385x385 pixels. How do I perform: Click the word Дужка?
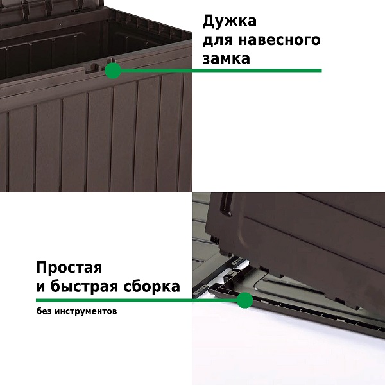[x=229, y=21]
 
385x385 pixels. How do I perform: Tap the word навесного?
[x=279, y=40]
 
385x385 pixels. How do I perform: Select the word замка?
[x=226, y=59]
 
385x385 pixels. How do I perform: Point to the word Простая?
[x=69, y=268]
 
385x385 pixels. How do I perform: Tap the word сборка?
[x=151, y=286]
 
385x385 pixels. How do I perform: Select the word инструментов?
[x=86, y=312]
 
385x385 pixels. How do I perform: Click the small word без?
[x=44, y=311]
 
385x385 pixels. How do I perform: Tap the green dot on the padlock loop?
[x=113, y=71]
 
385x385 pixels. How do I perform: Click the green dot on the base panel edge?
[x=245, y=300]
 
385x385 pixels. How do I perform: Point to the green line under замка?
[x=221, y=71]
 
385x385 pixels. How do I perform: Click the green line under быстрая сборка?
[x=137, y=300]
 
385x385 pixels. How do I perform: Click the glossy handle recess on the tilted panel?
[x=227, y=203]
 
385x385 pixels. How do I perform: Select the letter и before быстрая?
[x=40, y=287]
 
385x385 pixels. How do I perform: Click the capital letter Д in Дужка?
[x=208, y=22]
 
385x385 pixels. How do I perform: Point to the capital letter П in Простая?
[x=42, y=267]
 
